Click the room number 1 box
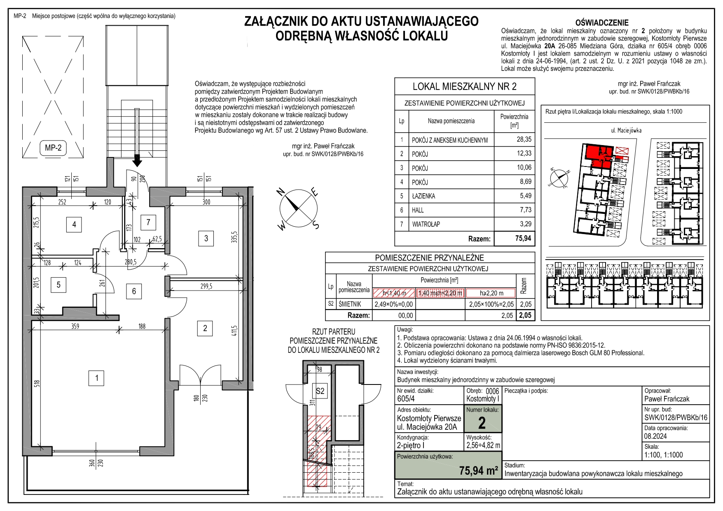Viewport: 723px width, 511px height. (96, 378)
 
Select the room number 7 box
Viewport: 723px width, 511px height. (148, 223)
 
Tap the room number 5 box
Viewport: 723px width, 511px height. (58, 284)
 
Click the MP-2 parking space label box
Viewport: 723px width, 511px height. (53, 148)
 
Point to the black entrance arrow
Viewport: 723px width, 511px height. (137, 159)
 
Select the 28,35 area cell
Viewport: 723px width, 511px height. (524, 139)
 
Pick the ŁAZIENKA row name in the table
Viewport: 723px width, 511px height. (424, 196)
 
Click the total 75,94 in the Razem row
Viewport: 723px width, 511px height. (523, 238)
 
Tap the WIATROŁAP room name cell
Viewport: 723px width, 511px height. (426, 224)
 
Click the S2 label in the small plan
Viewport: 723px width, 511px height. (320, 391)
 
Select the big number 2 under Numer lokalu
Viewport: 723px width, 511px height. (482, 423)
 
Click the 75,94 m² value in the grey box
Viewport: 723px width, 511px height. (479, 470)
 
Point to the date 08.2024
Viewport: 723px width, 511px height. (655, 436)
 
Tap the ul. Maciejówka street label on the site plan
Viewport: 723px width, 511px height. (626, 130)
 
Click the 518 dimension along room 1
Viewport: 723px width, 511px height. (37, 384)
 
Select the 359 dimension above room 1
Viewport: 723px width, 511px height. (75, 326)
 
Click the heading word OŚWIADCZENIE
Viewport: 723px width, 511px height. (602, 23)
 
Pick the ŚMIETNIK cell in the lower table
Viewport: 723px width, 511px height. (350, 304)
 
